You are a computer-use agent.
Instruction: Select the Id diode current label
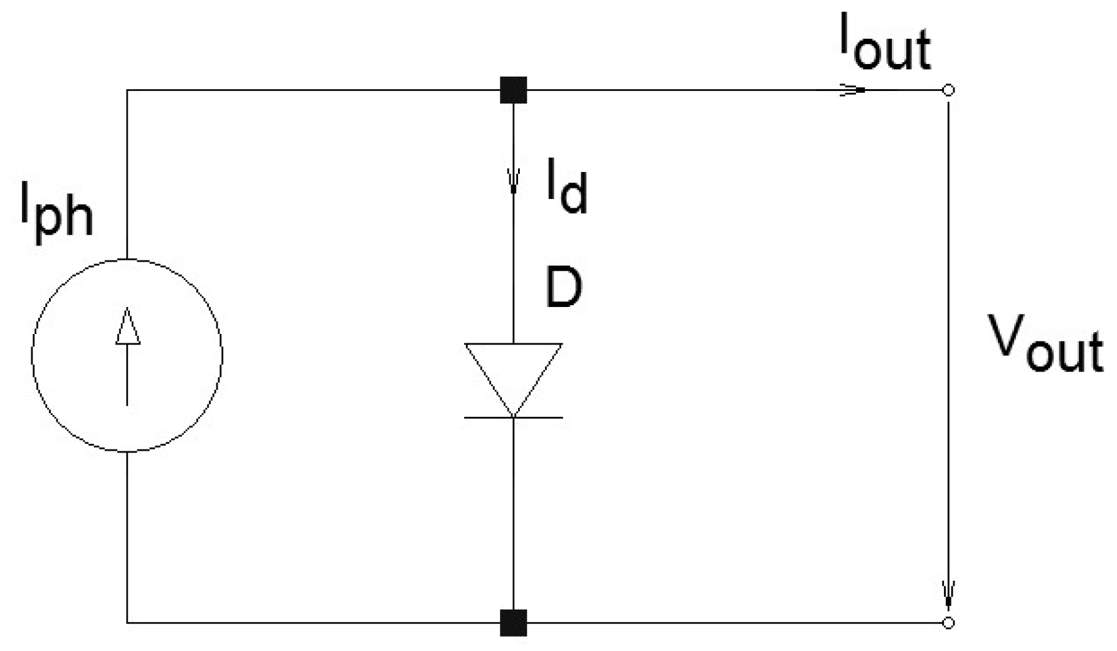[x=566, y=188]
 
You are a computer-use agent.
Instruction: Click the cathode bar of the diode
[x=513, y=417]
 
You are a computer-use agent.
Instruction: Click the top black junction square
[x=513, y=90]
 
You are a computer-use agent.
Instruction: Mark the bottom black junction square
[x=513, y=623]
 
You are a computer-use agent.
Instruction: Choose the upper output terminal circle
[x=948, y=90]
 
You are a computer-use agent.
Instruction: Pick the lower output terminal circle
[x=948, y=623]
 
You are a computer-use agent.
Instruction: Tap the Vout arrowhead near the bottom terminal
[x=948, y=593]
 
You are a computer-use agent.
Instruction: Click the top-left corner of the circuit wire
[x=127, y=90]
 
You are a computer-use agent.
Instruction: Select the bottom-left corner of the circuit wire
[x=127, y=623]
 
